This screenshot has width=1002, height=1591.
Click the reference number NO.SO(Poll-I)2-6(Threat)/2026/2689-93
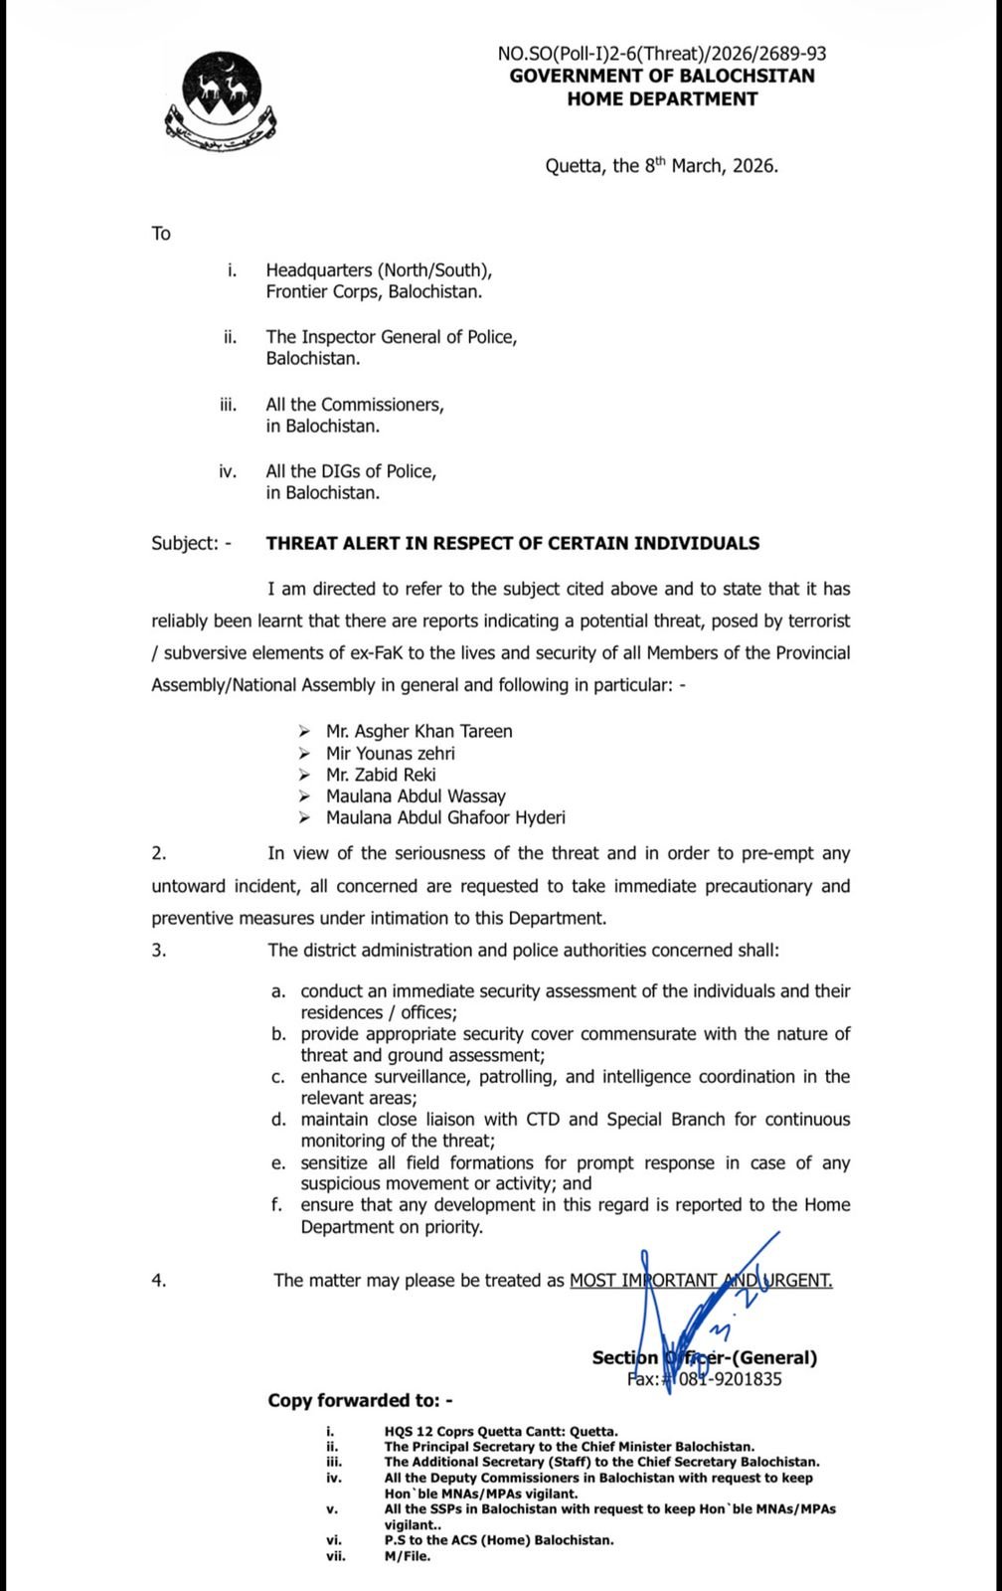pos(661,54)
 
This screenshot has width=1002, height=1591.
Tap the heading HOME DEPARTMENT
pos(662,98)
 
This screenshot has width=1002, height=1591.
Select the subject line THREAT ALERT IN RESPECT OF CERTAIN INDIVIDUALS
pos(512,543)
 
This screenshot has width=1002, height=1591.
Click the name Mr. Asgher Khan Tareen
pos(418,731)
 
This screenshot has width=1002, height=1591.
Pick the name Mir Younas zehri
pos(390,753)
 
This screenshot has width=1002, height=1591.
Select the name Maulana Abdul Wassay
pos(416,795)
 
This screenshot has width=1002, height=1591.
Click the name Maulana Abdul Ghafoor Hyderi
pos(445,817)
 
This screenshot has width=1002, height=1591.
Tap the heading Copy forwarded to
pos(360,1400)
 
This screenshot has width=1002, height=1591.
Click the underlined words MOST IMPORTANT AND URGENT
pos(701,1280)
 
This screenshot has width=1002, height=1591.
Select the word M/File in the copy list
pos(408,1556)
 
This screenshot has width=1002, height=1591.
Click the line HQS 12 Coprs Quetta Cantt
pos(500,1431)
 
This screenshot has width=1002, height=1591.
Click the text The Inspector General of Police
pos(391,337)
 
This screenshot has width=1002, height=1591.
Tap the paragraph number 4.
pos(159,1280)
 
